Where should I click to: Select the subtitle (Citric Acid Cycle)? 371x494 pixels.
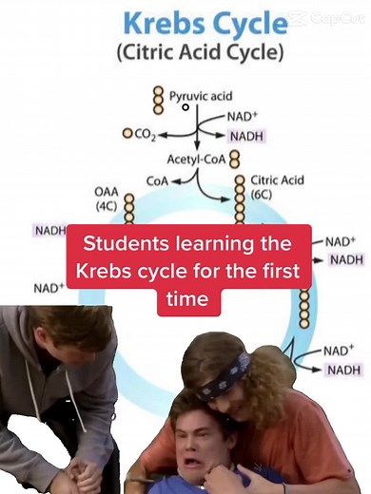[x=199, y=52]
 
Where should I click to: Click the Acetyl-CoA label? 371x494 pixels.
[x=195, y=160]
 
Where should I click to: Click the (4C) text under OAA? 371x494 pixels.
[x=106, y=205]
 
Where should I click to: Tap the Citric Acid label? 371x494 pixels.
[x=277, y=179]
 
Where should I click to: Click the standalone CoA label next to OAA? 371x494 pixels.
[x=158, y=179]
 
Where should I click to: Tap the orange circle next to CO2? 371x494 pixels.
[x=127, y=134]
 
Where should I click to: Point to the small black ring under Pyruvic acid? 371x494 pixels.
[x=185, y=108]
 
